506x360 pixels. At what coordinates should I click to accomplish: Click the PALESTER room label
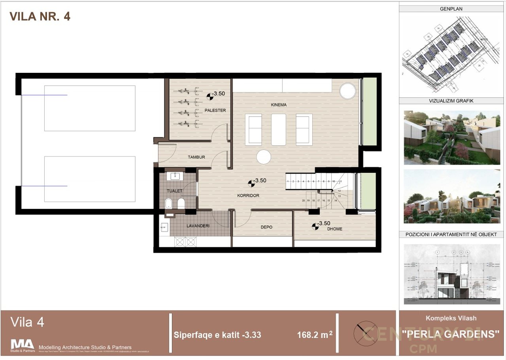pyautogui.click(x=215, y=110)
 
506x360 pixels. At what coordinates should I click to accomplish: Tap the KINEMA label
pyautogui.click(x=279, y=105)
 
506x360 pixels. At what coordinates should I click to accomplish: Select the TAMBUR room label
pyautogui.click(x=196, y=157)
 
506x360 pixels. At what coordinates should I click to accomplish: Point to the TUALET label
pyautogui.click(x=174, y=191)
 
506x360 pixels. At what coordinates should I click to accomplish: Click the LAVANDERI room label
pyautogui.click(x=198, y=226)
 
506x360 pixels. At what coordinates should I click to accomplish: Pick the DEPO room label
pyautogui.click(x=266, y=227)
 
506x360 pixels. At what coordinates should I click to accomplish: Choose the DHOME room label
pyautogui.click(x=334, y=229)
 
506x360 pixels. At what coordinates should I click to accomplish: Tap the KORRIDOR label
pyautogui.click(x=248, y=195)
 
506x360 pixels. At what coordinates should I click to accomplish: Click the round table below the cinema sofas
pyautogui.click(x=264, y=157)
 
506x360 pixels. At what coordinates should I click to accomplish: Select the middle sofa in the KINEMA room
pyautogui.click(x=279, y=129)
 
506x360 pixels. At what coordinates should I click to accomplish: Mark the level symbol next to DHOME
pyautogui.click(x=315, y=225)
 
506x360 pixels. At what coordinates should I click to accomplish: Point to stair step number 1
pyautogui.click(x=288, y=181)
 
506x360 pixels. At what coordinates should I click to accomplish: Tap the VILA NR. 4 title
pyautogui.click(x=40, y=16)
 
